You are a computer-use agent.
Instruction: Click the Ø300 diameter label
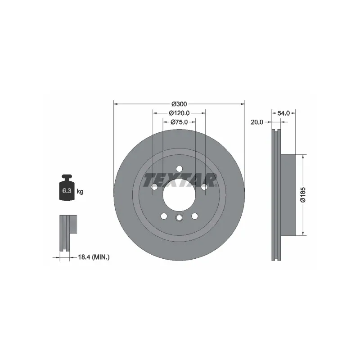(x=179, y=104)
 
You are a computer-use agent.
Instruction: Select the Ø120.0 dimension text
(x=179, y=113)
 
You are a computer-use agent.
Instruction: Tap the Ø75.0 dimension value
(x=179, y=122)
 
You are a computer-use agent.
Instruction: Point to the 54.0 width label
(x=283, y=113)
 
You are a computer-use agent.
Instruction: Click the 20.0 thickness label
(x=257, y=122)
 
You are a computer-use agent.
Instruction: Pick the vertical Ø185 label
(x=303, y=195)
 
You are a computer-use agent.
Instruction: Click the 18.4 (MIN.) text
(x=94, y=257)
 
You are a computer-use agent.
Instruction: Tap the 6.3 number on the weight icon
(x=67, y=190)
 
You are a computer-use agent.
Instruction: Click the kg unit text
(x=80, y=191)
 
